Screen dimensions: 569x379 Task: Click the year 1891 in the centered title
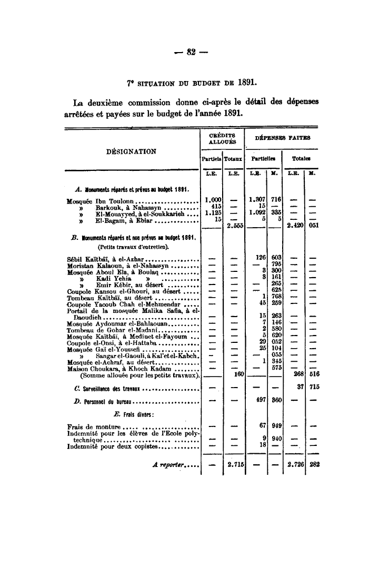[x=247, y=82]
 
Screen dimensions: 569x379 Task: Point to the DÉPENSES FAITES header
[x=283, y=138]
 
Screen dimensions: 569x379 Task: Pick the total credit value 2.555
[x=232, y=227]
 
